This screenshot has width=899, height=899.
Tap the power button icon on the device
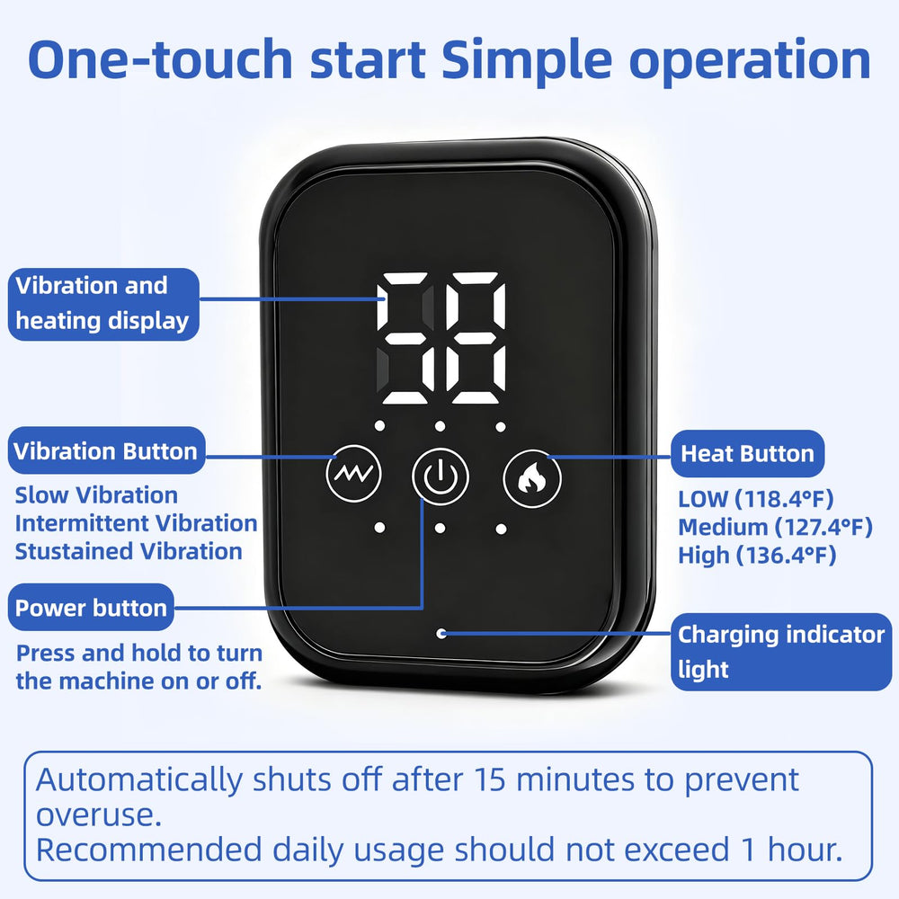(x=440, y=476)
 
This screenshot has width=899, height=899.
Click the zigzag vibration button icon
(x=353, y=473)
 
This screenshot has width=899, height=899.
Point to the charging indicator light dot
(x=441, y=634)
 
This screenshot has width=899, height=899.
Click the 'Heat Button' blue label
(x=747, y=453)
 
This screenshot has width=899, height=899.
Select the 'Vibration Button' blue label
(x=106, y=450)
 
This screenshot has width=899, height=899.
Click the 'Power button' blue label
(x=91, y=607)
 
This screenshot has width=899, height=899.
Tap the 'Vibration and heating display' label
(x=103, y=304)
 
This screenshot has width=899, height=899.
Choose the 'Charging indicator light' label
(x=781, y=651)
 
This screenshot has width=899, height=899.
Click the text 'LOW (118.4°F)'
(x=756, y=499)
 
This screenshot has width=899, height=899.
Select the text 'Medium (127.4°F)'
(x=775, y=527)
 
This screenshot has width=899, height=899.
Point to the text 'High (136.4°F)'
(x=757, y=555)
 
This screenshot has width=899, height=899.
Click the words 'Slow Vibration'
(x=96, y=494)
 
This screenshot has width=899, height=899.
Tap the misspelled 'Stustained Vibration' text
(x=129, y=551)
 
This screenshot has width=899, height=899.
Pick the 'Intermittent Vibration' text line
(x=136, y=523)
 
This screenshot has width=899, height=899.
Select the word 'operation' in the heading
(x=750, y=62)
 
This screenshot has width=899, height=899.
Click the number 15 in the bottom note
(x=490, y=779)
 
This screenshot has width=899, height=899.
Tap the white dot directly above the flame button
(x=501, y=426)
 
